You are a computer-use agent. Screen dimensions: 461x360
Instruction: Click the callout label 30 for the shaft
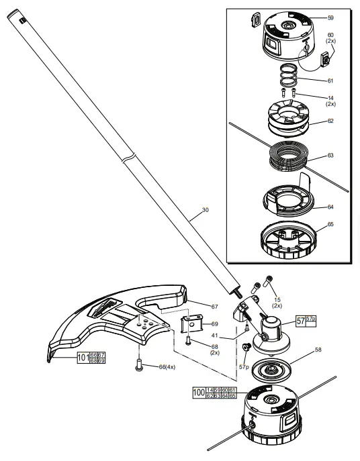(x=205, y=210)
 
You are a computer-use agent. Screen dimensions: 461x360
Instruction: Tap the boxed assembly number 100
(x=199, y=392)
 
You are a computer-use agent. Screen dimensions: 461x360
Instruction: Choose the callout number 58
(x=319, y=350)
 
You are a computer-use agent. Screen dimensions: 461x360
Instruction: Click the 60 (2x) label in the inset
(x=330, y=38)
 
